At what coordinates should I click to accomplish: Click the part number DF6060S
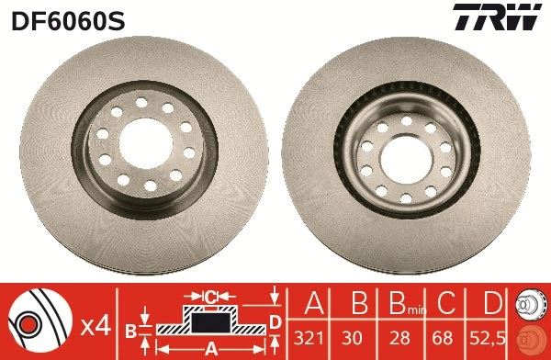point(67,19)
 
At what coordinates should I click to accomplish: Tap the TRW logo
point(494,17)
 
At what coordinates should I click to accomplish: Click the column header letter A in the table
point(314,304)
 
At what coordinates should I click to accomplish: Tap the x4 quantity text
point(95,324)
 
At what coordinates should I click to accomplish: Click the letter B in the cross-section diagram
point(130,329)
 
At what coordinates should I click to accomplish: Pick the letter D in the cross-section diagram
point(275,320)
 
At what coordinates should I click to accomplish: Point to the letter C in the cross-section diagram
point(210,296)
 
